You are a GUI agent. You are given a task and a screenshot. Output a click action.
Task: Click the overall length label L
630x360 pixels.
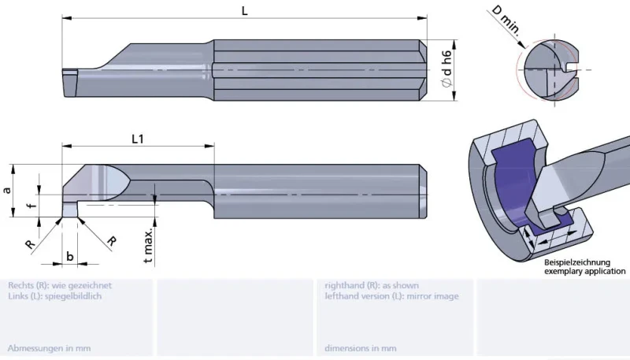tap(244, 11)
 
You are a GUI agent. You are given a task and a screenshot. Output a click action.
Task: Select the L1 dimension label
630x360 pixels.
tap(137, 139)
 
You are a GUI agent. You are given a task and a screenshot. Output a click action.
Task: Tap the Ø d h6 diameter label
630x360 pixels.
tap(447, 69)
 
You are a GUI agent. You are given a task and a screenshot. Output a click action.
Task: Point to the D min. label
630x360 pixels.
tap(506, 20)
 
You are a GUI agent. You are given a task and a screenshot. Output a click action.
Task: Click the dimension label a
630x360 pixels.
tap(7, 190)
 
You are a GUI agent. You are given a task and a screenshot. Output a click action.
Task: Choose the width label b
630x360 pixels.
tap(70, 256)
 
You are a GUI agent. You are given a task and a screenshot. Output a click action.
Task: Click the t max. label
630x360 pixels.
tap(148, 246)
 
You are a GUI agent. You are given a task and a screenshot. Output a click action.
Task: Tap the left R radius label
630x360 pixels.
tap(31, 244)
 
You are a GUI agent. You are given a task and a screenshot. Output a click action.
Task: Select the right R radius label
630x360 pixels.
tap(112, 241)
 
